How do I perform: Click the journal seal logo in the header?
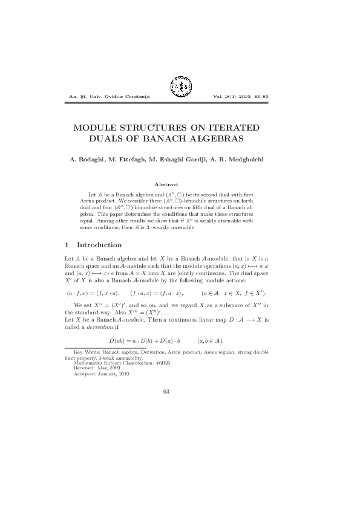coord(180,88)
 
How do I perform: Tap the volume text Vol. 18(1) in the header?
coord(226,97)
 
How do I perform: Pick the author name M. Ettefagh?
coord(134,160)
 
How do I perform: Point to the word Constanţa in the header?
coord(136,97)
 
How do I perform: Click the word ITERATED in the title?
coord(226,128)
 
